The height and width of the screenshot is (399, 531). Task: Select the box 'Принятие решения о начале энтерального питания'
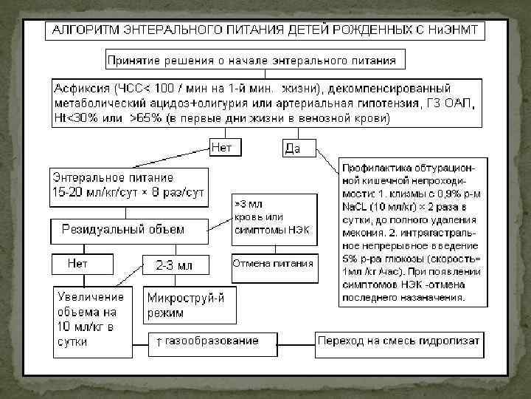click(251, 60)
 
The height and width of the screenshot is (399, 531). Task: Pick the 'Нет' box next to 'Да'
click(221, 148)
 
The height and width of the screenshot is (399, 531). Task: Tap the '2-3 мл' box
click(176, 265)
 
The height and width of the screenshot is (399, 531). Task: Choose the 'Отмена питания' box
click(273, 263)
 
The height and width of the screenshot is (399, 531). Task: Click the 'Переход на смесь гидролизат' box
click(399, 341)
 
